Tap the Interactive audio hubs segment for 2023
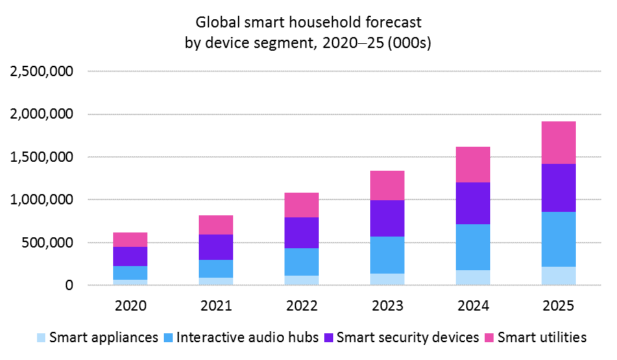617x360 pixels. click(x=387, y=255)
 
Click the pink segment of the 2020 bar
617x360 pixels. click(x=130, y=239)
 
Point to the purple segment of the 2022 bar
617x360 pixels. click(x=301, y=232)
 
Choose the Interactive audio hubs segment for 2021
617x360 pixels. click(x=216, y=269)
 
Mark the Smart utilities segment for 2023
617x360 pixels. click(x=387, y=185)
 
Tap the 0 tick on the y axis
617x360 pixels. click(x=69, y=285)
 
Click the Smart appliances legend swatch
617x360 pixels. click(x=40, y=337)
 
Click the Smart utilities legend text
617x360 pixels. click(x=542, y=337)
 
